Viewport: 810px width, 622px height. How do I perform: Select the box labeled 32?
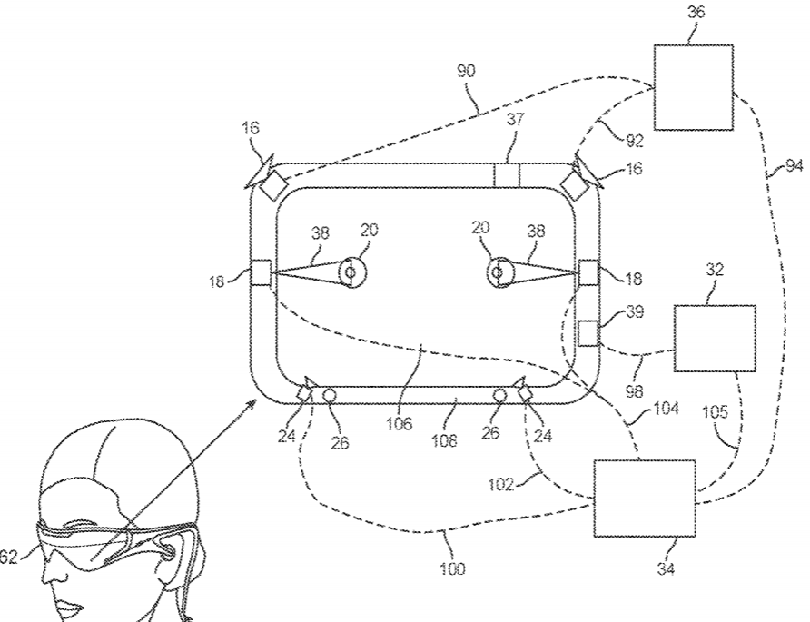714,339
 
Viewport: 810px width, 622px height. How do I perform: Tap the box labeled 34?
644,498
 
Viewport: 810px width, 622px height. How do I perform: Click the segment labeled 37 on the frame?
505,174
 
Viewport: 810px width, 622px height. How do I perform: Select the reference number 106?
400,422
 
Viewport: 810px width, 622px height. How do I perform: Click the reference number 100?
454,569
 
